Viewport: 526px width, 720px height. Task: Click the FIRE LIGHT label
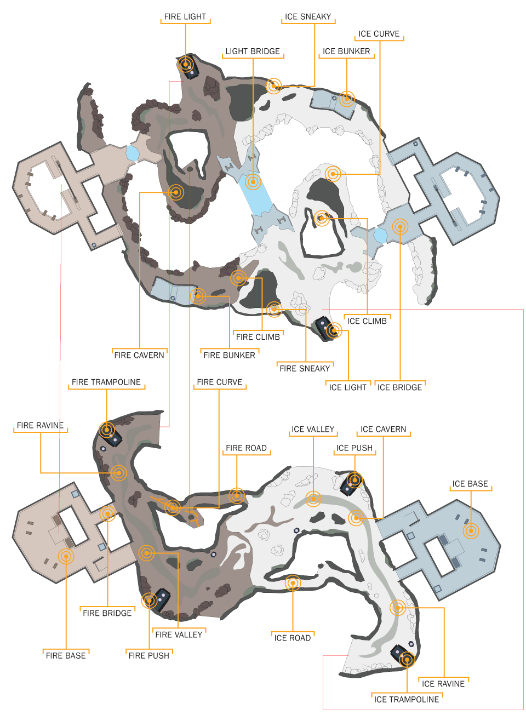[185, 17]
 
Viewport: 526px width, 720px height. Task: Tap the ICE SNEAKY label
[308, 17]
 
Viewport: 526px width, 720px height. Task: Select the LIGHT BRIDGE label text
[253, 52]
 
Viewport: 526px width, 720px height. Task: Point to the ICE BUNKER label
[346, 52]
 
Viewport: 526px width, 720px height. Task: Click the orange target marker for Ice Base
[471, 530]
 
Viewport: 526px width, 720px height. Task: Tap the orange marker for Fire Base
[66, 557]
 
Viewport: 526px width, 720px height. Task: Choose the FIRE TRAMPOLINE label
[106, 382]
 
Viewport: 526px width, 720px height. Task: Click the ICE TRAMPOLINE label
[407, 700]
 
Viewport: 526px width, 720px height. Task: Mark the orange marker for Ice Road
[293, 583]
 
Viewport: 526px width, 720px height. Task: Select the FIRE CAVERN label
[139, 355]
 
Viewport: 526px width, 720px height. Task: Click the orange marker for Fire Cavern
[176, 192]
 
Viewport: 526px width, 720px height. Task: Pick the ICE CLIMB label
[367, 322]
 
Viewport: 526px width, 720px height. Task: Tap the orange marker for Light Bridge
[253, 181]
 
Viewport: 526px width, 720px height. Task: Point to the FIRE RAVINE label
[41, 426]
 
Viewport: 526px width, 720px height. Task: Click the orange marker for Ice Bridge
[400, 226]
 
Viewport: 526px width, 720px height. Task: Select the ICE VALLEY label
[313, 430]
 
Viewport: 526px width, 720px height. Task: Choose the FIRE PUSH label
[149, 656]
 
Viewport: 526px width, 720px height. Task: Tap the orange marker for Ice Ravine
[398, 608]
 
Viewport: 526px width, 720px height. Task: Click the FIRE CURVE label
[220, 382]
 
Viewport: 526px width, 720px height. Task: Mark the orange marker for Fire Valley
[147, 553]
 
